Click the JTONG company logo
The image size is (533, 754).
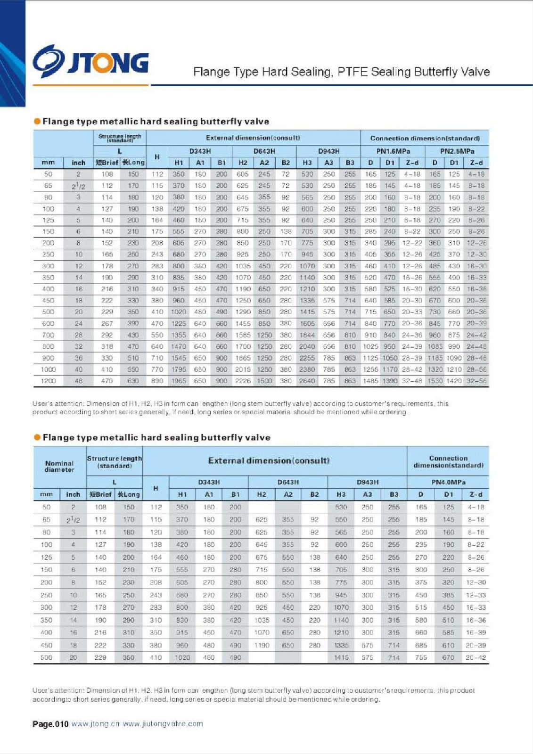coord(91,62)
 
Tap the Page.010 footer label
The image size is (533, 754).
coord(50,724)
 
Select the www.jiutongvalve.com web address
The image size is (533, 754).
coord(163,724)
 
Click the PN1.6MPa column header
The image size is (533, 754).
coord(393,151)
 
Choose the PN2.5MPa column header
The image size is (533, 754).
coord(457,151)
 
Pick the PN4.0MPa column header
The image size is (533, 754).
coord(448,482)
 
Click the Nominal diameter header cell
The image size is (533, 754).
coord(59,467)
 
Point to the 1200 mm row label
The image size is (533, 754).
coord(48,381)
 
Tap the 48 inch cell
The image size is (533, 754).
coord(79,381)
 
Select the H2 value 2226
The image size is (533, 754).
coord(243,381)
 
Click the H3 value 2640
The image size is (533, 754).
coord(307,381)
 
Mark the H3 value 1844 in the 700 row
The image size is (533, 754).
coord(307,335)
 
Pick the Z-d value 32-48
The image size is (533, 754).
coord(412,381)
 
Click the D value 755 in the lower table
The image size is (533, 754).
coord(421,657)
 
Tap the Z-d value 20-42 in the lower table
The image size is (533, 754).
coord(476,657)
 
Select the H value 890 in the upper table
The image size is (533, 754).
coord(157,381)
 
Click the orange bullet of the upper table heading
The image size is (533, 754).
coord(37,122)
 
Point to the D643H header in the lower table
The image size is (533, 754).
coord(288,482)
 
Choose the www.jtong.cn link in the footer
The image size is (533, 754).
coord(96,724)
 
